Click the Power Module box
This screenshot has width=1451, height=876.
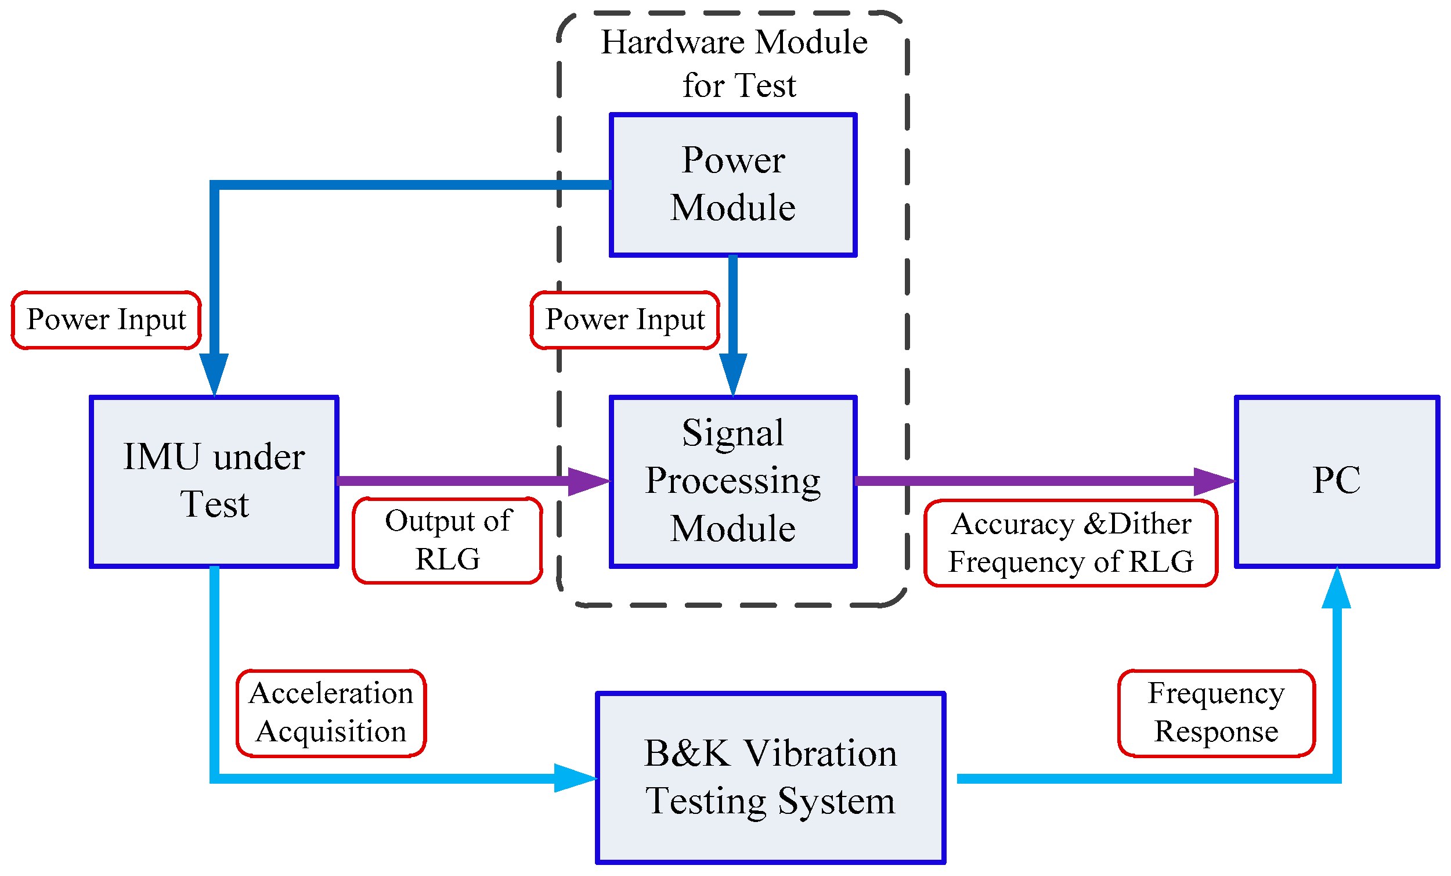[732, 185]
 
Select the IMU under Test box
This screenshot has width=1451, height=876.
[214, 481]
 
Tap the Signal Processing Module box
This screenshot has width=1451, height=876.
[732, 481]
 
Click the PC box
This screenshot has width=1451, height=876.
[1336, 481]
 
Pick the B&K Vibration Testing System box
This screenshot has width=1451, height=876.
[770, 778]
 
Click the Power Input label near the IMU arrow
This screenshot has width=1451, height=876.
[106, 320]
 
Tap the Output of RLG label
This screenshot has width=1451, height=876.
[447, 540]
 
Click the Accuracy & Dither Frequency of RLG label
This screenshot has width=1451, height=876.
[1070, 543]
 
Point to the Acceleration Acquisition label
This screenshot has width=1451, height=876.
[331, 712]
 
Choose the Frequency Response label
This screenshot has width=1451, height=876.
[1216, 712]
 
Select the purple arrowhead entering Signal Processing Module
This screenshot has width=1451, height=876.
[588, 481]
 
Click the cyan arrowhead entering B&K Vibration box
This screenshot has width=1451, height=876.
[574, 778]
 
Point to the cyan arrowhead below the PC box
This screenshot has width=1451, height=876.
[1336, 590]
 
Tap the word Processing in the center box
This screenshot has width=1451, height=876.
[732, 481]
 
